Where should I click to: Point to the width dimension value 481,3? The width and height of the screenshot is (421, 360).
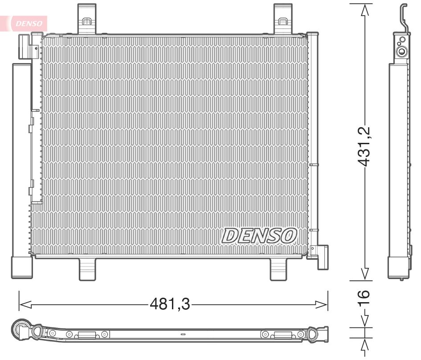coord(169,304)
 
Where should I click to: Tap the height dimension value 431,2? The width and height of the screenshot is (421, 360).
coord(365,146)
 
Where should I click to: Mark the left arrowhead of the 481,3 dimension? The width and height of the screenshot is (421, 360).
coord(25,304)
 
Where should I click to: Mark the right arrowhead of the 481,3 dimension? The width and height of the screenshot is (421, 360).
coord(322,304)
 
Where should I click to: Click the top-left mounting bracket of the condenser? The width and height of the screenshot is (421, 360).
coord(87,18)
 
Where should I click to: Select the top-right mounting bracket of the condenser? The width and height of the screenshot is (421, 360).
coord(282,18)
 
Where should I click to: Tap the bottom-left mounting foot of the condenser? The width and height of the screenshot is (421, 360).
coord(87,269)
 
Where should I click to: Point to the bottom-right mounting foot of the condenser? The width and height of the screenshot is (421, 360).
coord(279,269)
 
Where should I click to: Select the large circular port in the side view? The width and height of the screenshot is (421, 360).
coord(402,51)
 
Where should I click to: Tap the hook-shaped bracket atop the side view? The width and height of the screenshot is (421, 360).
coord(403,18)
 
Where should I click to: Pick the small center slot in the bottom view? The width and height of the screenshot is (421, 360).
coord(182,334)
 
